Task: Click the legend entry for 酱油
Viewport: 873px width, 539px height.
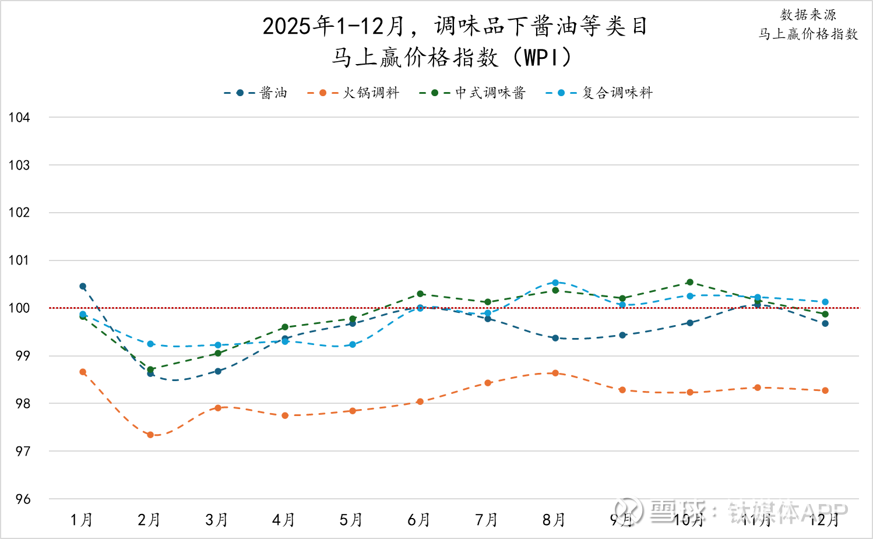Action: tap(256, 93)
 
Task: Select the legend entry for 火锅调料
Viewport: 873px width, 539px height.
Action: tap(354, 93)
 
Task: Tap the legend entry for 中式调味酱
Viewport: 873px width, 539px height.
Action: tap(473, 93)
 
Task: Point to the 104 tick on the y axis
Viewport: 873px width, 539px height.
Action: tap(19, 118)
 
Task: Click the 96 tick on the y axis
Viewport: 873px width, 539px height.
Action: tap(23, 499)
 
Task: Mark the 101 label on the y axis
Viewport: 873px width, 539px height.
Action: tap(19, 260)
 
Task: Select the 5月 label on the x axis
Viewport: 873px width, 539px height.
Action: tap(351, 520)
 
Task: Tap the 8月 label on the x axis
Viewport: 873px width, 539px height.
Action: tap(554, 520)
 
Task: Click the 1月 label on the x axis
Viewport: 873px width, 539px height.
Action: tap(82, 520)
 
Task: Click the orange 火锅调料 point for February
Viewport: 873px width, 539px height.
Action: tap(150, 435)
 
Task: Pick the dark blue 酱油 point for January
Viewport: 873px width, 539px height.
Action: tap(83, 286)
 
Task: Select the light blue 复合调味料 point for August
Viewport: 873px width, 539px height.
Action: tap(555, 283)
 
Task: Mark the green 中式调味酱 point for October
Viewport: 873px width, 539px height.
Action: tap(690, 282)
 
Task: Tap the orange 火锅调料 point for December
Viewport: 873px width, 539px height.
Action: tap(825, 390)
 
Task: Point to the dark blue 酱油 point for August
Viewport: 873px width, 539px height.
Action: tap(555, 338)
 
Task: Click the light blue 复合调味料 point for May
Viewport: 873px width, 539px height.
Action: tap(353, 344)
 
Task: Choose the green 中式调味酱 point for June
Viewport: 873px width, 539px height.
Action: tap(420, 294)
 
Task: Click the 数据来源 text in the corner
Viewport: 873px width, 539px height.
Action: tap(808, 15)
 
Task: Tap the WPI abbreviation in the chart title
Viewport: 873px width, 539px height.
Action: tap(540, 58)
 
